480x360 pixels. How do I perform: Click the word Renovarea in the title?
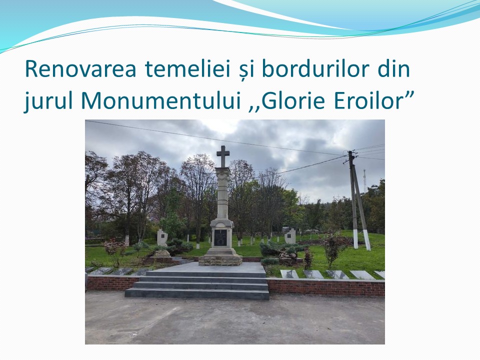(80, 69)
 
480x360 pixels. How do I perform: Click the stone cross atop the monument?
(223, 156)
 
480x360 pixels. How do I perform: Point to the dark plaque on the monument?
(220, 237)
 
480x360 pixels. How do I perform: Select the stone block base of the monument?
(220, 260)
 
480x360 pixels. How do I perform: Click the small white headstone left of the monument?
(162, 238)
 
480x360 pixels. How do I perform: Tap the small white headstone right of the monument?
(290, 236)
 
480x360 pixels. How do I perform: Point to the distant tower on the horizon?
(364, 180)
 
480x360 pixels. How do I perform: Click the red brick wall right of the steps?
(326, 288)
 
